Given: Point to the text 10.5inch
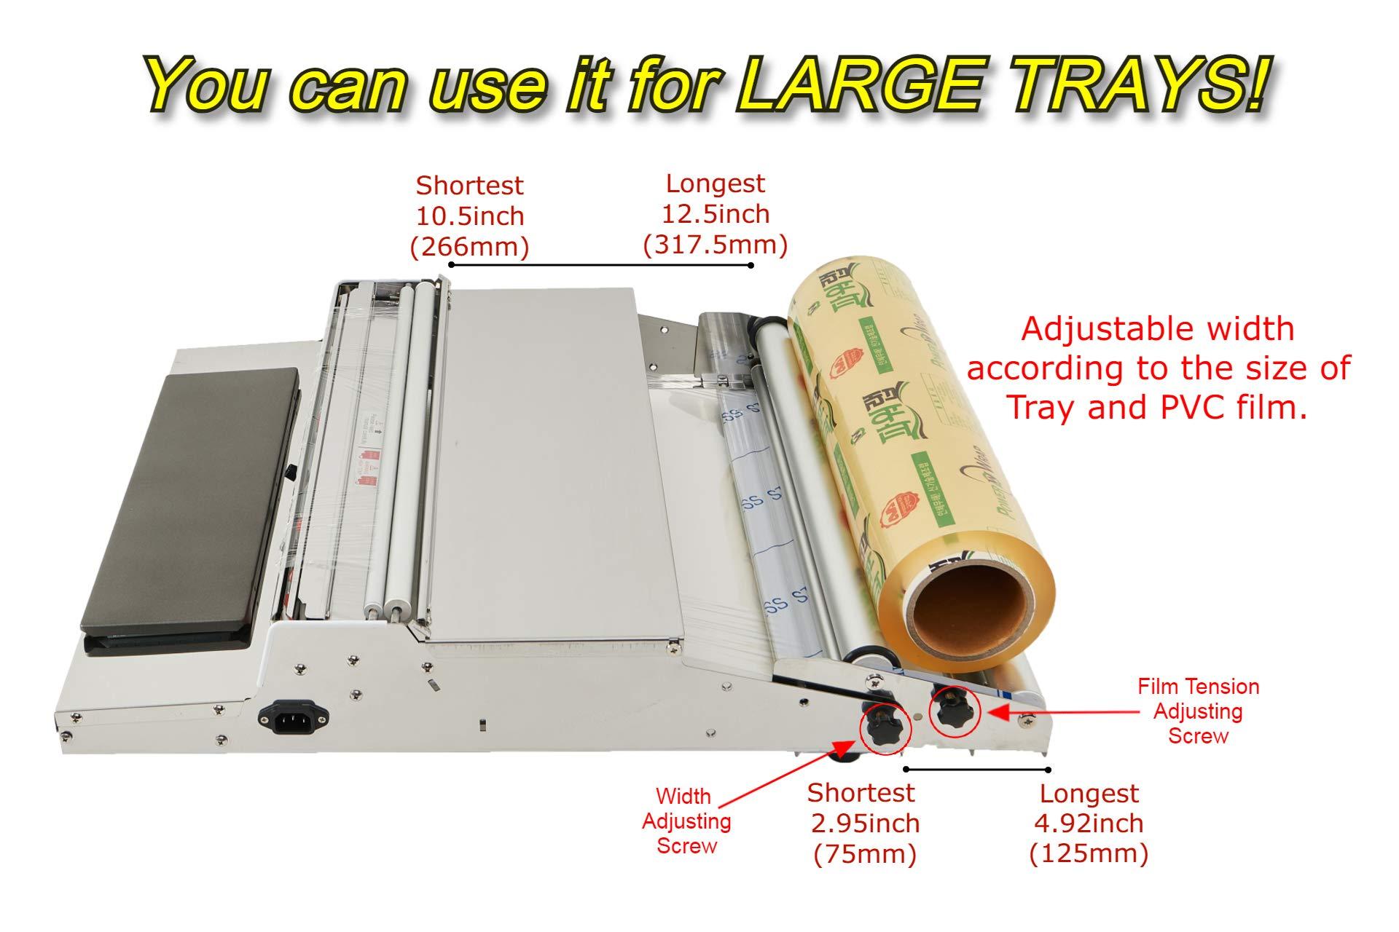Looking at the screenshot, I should pyautogui.click(x=470, y=216).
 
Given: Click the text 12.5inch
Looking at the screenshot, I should pyautogui.click(x=715, y=214).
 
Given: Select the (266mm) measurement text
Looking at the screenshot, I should pyautogui.click(x=469, y=247).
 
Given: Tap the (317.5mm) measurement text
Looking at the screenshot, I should pyautogui.click(x=715, y=245).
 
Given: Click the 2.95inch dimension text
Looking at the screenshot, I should pyautogui.click(x=864, y=824).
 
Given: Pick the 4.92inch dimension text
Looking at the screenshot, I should pyautogui.click(x=1089, y=824).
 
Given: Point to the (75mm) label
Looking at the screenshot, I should pyautogui.click(x=864, y=853).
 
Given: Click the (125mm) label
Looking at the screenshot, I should pyautogui.click(x=1089, y=853).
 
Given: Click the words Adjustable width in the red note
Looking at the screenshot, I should pyautogui.click(x=1157, y=329).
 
